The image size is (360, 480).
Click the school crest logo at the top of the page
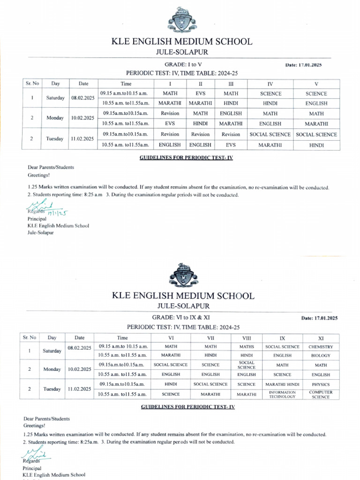(182, 21)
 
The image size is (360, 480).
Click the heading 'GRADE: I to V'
(183, 64)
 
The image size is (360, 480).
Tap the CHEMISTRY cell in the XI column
(321, 347)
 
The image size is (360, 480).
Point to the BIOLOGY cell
(321, 355)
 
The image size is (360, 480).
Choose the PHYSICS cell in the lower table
(321, 384)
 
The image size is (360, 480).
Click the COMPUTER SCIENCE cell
(321, 394)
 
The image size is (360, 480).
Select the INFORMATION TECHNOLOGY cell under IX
(282, 394)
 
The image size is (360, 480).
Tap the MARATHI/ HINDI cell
(282, 384)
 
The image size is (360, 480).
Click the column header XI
(321, 337)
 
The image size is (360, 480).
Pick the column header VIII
(246, 337)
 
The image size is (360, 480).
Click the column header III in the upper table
(231, 83)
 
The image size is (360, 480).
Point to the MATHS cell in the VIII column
(246, 347)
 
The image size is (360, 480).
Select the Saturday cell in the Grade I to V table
(55, 98)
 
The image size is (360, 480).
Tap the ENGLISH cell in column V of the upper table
(316, 103)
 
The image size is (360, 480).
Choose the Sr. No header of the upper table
(31, 83)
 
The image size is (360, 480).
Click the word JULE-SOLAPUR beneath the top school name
(182, 52)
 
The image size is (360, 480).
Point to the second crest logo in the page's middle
(183, 275)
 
